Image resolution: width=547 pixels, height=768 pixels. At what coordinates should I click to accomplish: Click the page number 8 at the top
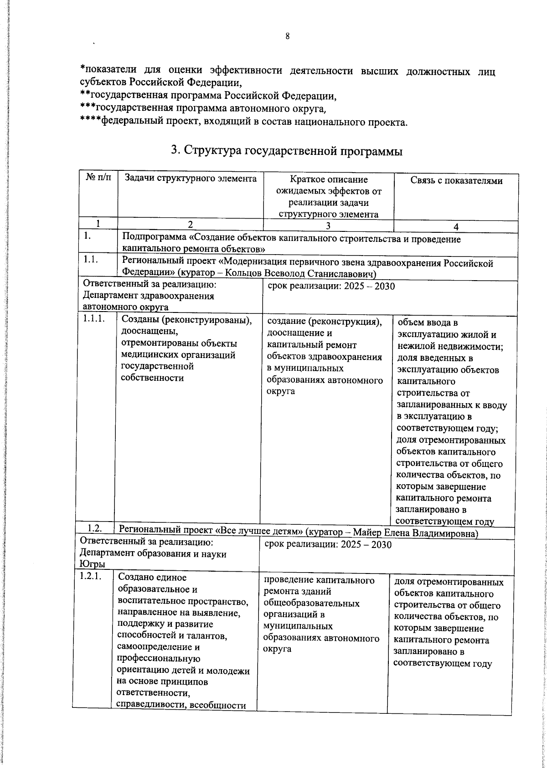tap(288, 37)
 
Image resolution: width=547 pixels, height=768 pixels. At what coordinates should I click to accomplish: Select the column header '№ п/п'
tap(98, 179)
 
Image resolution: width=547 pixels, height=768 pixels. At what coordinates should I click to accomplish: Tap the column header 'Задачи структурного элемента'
tap(190, 179)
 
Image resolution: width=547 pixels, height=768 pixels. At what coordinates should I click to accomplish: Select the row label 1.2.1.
tap(91, 576)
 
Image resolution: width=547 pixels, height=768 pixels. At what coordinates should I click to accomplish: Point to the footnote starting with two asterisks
tap(208, 97)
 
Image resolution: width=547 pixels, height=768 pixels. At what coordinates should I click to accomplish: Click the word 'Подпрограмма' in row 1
tap(155, 239)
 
